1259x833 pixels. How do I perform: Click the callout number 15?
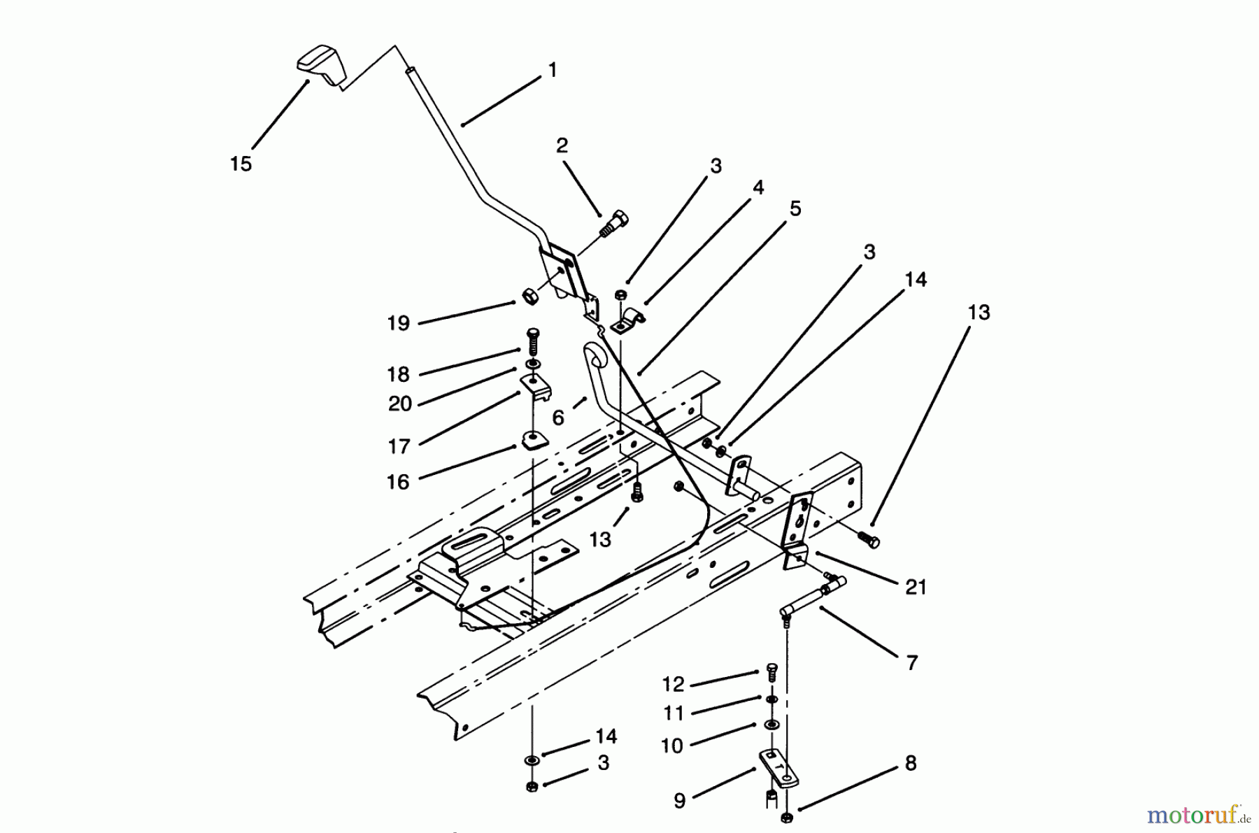point(241,164)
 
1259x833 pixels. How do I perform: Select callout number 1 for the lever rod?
point(553,70)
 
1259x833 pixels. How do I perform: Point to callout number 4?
point(757,187)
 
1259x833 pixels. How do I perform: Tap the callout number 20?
point(399,404)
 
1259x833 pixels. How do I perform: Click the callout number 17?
point(399,446)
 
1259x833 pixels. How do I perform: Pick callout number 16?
point(398,481)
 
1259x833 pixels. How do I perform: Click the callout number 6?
point(557,418)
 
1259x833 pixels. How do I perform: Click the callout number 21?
point(916,588)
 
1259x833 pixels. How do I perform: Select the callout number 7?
point(911,662)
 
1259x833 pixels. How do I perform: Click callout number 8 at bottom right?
point(910,763)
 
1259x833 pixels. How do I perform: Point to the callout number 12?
point(673,684)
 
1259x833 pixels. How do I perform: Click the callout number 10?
point(671,746)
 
